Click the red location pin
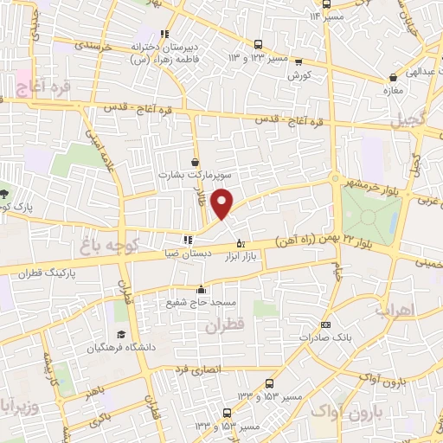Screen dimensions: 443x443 [223, 202]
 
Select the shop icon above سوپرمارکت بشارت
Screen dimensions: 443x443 [196, 162]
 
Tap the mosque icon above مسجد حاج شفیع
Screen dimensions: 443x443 [201, 289]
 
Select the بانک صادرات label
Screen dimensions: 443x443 [324, 337]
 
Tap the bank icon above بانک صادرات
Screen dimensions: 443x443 [325, 324]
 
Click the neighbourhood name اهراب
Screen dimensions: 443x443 [396, 309]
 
